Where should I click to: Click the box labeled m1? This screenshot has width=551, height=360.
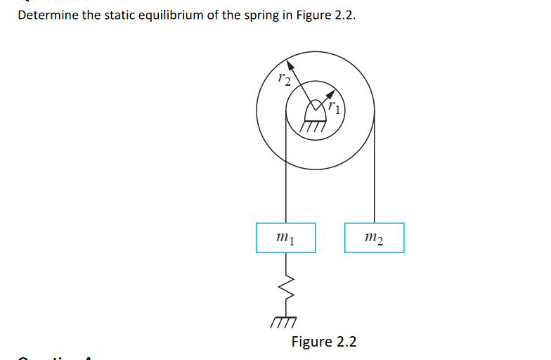tap(285, 238)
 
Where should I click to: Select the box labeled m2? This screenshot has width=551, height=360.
tap(375, 238)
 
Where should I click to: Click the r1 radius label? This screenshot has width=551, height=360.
tap(337, 108)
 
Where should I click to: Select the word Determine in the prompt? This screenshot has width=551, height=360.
tap(48, 15)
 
